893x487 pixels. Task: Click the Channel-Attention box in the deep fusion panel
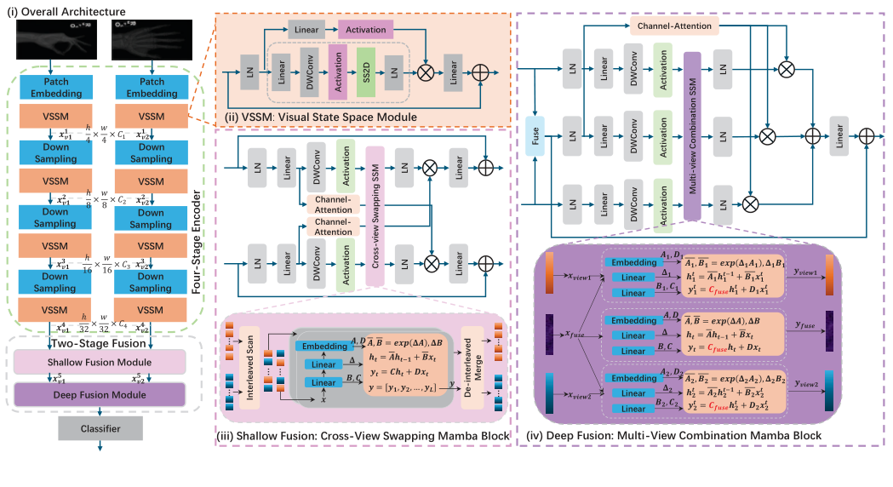pos(676,26)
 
